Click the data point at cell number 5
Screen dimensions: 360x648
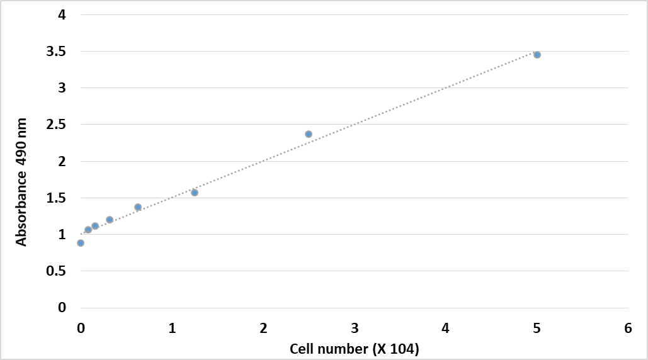click(537, 55)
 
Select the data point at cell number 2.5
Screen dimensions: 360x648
click(309, 134)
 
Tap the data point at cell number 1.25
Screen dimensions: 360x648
click(195, 193)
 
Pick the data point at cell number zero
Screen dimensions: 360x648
click(81, 243)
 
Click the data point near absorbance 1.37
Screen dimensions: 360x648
click(138, 207)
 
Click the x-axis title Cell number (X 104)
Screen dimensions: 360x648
click(355, 348)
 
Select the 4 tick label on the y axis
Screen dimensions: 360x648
click(62, 15)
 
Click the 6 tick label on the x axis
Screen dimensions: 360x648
click(628, 328)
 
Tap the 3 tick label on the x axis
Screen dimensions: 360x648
click(355, 328)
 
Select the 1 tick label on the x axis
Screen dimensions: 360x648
click(172, 328)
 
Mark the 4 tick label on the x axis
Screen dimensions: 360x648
click(446, 328)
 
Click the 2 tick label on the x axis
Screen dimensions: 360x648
click(263, 328)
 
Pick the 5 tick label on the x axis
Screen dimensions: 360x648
click(537, 328)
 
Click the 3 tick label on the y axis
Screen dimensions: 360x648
click(62, 88)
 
